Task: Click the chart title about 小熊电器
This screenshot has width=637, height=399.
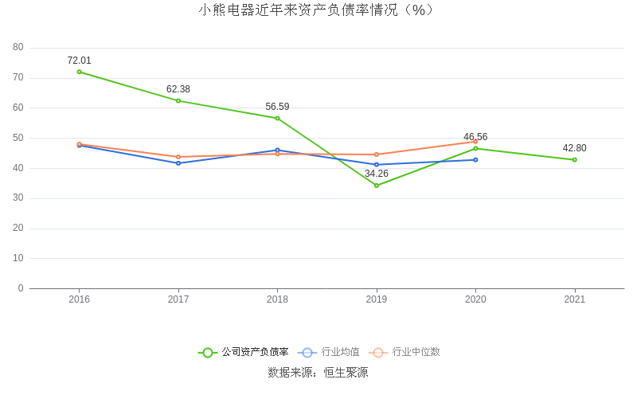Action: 318,10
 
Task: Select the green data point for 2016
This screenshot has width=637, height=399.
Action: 79,72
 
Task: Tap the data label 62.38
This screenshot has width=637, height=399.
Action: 178,89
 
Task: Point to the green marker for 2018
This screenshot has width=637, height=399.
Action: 277,118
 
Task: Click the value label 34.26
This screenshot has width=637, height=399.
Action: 377,174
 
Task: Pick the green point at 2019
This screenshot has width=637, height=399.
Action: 377,186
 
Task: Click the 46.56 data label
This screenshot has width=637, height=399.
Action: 475,137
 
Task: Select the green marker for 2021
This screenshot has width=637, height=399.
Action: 575,160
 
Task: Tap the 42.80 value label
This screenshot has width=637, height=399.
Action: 575,148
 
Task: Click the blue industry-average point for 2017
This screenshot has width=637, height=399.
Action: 178,163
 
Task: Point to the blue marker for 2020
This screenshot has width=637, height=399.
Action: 475,160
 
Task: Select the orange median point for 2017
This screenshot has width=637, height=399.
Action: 178,157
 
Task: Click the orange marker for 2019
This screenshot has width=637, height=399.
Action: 377,155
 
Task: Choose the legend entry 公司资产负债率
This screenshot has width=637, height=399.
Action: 244,352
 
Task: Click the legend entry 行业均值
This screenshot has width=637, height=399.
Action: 330,352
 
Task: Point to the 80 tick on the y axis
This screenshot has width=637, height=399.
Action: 18,48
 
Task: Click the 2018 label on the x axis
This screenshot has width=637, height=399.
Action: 277,299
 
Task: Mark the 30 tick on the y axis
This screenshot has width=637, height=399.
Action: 18,198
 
